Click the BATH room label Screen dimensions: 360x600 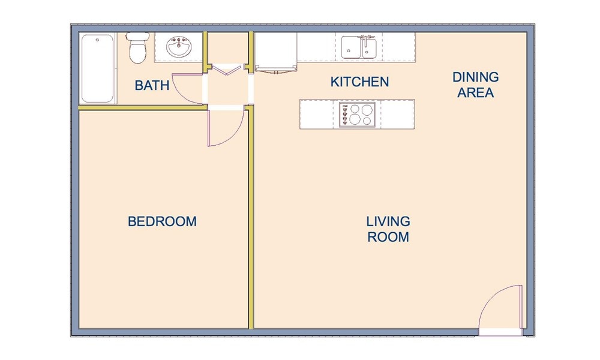tap(152, 85)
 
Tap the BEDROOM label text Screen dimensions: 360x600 tap(162, 221)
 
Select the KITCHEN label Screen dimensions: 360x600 tap(359, 82)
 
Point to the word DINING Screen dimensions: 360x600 tap(475, 77)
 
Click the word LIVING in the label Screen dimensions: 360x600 tap(388, 222)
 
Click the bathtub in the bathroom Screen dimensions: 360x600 tap(97, 68)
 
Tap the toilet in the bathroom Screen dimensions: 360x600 tap(137, 48)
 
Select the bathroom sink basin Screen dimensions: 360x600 tap(178, 47)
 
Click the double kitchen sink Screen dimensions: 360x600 tap(359, 47)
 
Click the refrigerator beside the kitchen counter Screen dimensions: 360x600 tap(276, 52)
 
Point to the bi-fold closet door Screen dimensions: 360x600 tap(227, 70)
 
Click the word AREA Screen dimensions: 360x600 tap(475, 93)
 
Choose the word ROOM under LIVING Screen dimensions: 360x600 tap(388, 237)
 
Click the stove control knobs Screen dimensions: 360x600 tap(344, 115)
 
